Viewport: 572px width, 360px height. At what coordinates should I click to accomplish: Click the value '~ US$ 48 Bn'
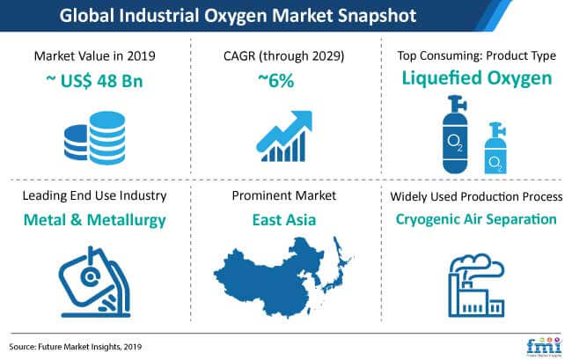point(94,81)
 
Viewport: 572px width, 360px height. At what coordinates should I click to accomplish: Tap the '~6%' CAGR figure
point(275,81)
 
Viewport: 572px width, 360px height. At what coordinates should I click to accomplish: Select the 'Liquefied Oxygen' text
point(477,79)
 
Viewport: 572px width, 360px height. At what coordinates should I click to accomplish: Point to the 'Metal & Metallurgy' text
point(94,220)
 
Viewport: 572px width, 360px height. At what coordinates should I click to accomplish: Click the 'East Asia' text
point(284,220)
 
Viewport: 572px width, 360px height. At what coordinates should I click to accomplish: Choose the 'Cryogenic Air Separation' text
point(476,219)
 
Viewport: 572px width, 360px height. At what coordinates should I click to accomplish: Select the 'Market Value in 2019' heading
point(94,56)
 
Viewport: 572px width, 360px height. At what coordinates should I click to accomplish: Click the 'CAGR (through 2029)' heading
point(284,56)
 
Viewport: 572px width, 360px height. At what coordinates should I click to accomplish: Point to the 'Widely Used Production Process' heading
point(476,196)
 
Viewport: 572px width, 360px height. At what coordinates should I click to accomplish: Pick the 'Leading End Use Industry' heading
point(94,195)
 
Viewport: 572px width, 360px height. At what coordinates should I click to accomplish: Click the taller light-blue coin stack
point(107,138)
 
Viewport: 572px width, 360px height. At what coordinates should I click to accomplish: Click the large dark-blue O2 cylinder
point(455,134)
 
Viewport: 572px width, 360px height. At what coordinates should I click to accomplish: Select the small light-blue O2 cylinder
point(495,149)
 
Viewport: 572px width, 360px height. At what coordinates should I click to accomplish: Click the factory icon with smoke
point(476,285)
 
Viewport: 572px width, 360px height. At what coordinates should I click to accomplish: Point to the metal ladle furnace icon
point(95,282)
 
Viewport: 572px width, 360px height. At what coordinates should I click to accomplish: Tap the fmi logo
point(544,346)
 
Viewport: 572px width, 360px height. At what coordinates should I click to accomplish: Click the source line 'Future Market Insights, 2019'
point(90,347)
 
